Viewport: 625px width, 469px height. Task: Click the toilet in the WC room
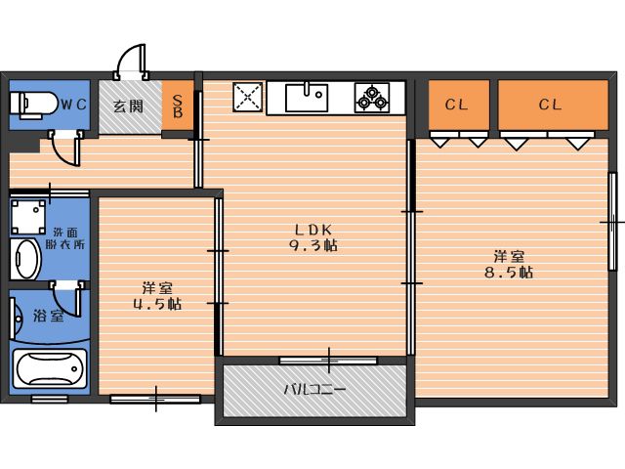(34, 105)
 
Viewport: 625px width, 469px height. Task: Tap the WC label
(74, 105)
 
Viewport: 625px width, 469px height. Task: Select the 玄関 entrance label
(128, 107)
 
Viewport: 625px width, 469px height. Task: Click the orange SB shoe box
(178, 106)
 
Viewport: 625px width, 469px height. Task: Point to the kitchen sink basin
(307, 98)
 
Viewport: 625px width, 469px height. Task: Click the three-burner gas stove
(372, 98)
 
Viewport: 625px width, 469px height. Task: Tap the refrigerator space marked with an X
(247, 97)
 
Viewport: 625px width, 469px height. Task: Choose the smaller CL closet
(459, 105)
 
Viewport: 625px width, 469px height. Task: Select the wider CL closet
(553, 105)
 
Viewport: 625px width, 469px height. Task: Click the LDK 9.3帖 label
(313, 237)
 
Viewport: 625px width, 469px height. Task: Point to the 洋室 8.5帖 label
(509, 265)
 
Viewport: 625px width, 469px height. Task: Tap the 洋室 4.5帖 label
(157, 296)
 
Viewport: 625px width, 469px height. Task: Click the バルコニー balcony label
(314, 389)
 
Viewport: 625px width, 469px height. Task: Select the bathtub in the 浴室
(50, 369)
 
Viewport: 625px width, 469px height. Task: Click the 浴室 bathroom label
(49, 316)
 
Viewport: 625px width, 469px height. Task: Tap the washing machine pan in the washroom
(28, 217)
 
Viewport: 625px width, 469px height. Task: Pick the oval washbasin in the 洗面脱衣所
(25, 260)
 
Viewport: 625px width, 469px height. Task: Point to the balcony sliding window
(328, 361)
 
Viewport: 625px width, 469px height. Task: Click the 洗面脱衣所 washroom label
(65, 238)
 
